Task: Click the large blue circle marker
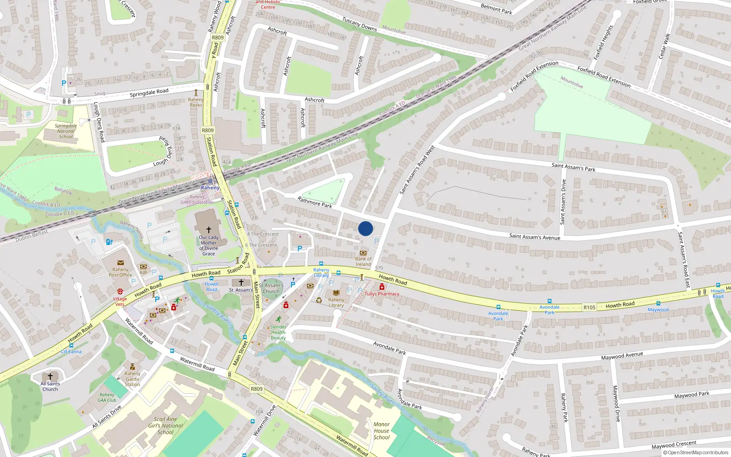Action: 365,228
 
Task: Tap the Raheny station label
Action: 210,188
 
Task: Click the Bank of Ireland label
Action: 363,261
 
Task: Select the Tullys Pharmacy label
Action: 382,294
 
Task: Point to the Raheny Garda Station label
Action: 132,379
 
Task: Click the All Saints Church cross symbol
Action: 50,376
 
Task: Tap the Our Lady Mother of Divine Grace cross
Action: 209,230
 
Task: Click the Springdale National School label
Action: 66,131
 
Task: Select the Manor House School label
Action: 381,430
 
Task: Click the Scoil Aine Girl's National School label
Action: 165,425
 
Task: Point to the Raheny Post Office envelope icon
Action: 121,263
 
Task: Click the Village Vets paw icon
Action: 120,291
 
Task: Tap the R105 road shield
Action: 589,308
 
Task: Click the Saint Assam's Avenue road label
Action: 535,237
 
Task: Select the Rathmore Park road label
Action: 315,202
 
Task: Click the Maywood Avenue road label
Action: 622,356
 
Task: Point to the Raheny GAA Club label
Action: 107,397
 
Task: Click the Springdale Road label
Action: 149,93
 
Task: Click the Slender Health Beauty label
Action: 278,332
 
